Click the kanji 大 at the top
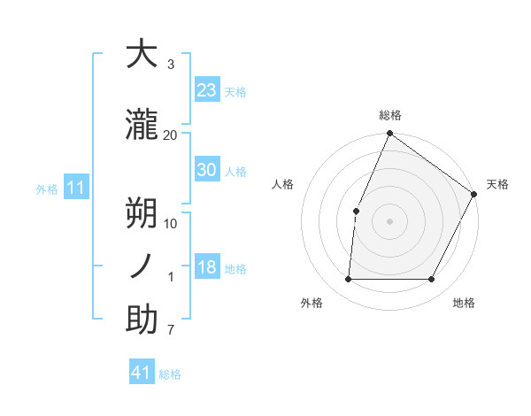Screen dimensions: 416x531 point(142,55)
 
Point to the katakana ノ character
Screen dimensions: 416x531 point(142,266)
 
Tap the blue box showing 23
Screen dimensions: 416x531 point(206,90)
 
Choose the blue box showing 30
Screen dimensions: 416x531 point(206,170)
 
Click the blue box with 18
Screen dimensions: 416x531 point(206,267)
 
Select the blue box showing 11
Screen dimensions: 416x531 point(75,188)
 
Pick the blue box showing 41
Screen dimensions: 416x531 point(142,373)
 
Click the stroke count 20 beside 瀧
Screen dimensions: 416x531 point(171,135)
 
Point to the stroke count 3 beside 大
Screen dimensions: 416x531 point(171,65)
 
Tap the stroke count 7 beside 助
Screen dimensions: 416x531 point(171,331)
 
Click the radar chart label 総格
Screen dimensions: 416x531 point(389,115)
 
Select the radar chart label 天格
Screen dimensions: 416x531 point(497,184)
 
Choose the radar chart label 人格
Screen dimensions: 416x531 point(282,184)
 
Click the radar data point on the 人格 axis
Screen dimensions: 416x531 point(356,211)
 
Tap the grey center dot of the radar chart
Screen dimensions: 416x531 point(389,221)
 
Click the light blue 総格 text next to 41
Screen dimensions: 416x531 point(170,374)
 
